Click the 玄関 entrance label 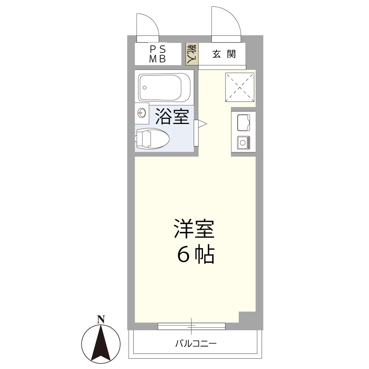point(224,54)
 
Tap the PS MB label point(158,54)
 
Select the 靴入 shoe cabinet point(192,54)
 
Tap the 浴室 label point(172,116)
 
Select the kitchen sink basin point(243,123)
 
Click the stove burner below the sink point(243,141)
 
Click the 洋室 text point(194,230)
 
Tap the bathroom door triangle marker point(203,124)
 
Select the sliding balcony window point(192,326)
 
